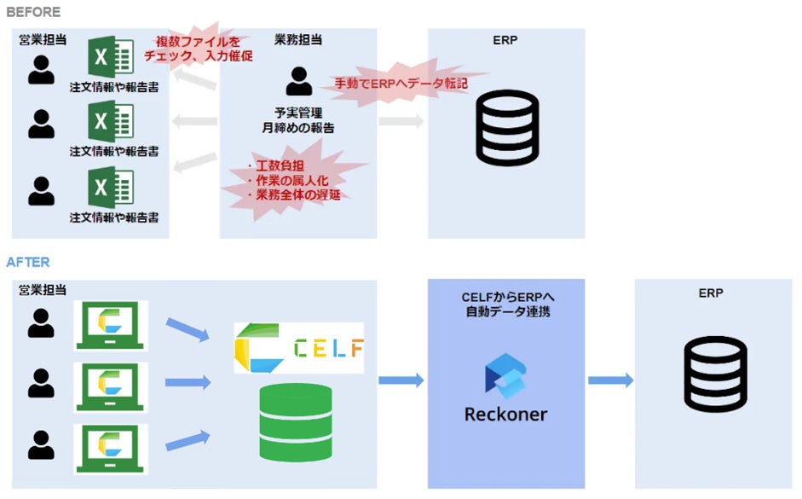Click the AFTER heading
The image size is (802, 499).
point(28,263)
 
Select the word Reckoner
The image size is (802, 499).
point(505,415)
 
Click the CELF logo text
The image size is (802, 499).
point(327,347)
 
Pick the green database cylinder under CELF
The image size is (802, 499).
point(295,421)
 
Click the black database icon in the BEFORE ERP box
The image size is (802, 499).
point(507,127)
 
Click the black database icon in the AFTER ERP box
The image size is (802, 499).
point(716,374)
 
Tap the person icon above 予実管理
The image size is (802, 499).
point(298,81)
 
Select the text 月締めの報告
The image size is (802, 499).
point(298,128)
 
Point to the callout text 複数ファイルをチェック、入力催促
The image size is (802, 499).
point(198,49)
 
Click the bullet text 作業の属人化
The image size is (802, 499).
point(291,181)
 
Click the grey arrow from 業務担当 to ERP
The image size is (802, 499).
point(401,120)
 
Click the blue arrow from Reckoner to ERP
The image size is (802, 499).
point(610,380)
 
